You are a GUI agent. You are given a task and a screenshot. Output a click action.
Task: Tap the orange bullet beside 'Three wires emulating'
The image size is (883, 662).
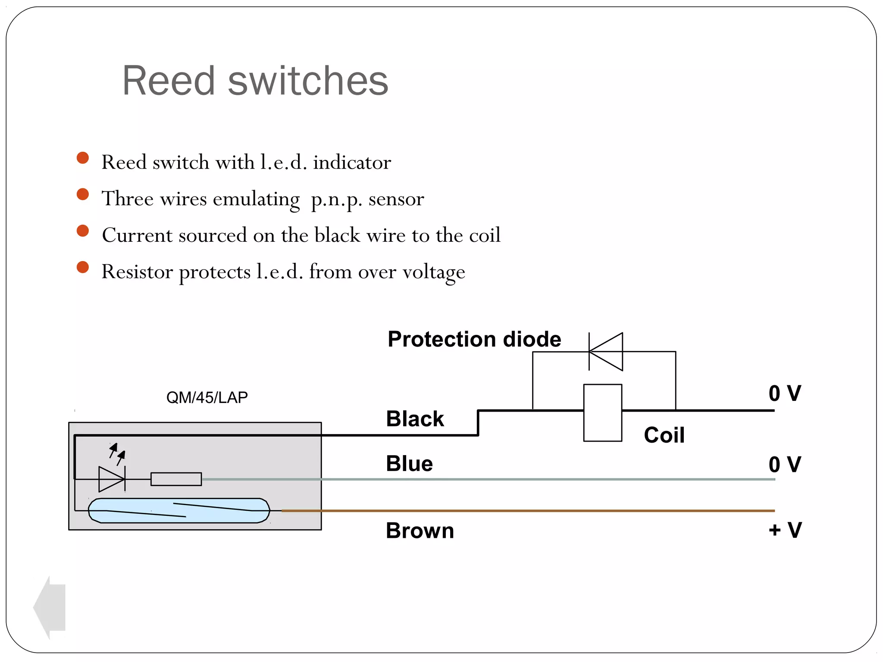tap(82, 194)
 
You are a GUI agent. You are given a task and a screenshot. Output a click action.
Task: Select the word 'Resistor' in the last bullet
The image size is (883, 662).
tap(137, 272)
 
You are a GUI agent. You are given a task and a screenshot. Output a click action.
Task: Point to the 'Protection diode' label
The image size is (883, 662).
tap(474, 339)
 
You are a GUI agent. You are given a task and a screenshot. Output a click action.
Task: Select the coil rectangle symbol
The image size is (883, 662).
tap(602, 413)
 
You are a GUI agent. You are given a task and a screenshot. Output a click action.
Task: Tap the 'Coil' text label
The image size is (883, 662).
tap(664, 435)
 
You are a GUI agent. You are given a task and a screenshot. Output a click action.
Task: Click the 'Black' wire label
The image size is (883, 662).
tap(415, 419)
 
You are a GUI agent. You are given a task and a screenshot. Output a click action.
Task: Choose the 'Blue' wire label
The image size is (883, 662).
tap(409, 464)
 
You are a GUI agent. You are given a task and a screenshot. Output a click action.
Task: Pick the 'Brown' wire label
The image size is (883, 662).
tap(420, 531)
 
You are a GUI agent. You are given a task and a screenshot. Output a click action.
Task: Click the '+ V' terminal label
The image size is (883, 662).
tap(785, 530)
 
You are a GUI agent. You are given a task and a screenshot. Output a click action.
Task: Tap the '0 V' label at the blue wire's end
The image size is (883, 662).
tap(785, 465)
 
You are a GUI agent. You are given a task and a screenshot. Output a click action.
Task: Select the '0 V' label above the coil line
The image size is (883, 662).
tap(785, 393)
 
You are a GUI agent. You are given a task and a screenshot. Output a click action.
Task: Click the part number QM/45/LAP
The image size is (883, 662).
tap(207, 397)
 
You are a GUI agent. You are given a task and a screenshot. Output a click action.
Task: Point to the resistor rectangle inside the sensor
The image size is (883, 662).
tap(176, 479)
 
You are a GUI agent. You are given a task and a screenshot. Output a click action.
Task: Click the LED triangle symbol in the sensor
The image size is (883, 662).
tap(111, 479)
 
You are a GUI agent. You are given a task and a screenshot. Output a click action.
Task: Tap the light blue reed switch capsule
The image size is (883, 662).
tap(179, 511)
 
